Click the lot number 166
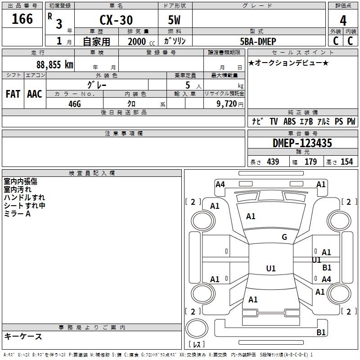[22, 19]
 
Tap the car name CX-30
[116, 20]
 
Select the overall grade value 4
[343, 21]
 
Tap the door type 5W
[175, 20]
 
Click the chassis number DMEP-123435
[302, 143]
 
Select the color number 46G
[74, 103]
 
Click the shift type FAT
[13, 94]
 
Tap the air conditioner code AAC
[34, 94]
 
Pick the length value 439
[273, 162]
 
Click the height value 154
[346, 162]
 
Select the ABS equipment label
[289, 121]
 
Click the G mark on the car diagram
[284, 237]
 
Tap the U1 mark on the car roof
[270, 269]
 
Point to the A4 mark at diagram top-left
[220, 184]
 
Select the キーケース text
[23, 336]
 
